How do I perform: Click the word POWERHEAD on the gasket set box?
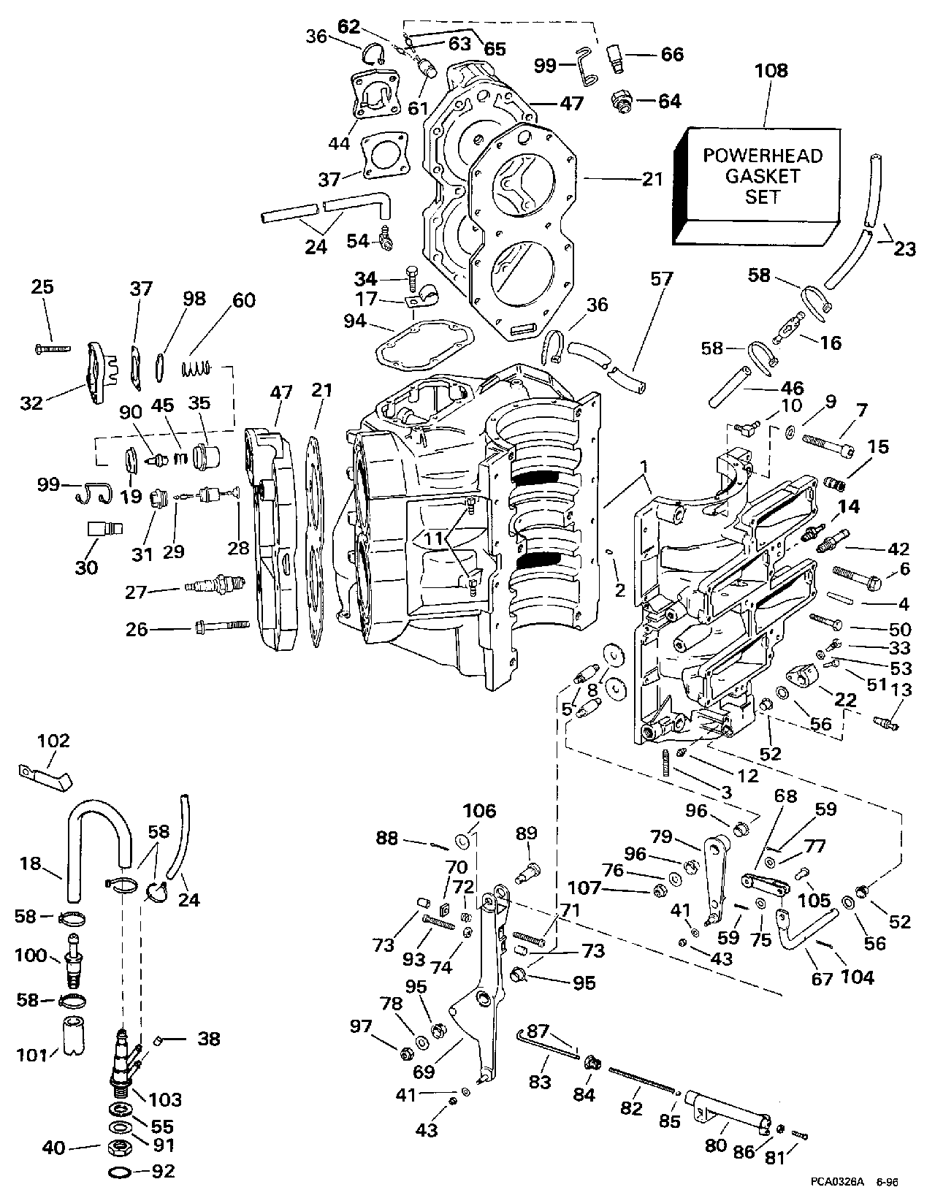762,156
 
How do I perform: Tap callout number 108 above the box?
771,72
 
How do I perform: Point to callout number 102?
53,741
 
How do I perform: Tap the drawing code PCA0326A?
836,1180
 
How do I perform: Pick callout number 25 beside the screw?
42,287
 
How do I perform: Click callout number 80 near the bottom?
716,1145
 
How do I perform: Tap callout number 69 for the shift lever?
423,1072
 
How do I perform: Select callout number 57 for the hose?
663,278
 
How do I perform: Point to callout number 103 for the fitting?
164,1099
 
